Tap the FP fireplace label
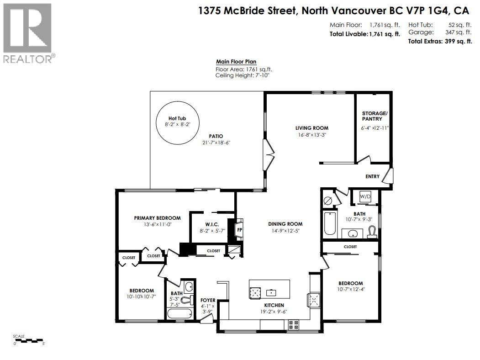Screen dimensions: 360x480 point(239,230)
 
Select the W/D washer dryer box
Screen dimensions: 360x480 point(365,196)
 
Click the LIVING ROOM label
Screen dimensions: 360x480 point(311,128)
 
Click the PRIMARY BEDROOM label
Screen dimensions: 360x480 point(157,218)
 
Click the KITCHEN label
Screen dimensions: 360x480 point(274,305)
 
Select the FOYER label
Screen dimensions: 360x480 point(208,300)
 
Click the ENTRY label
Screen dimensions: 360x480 point(372,176)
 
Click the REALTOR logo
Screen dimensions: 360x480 point(27,32)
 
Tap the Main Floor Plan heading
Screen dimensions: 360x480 point(236,62)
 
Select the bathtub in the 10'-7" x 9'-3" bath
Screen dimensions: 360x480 point(329,224)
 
